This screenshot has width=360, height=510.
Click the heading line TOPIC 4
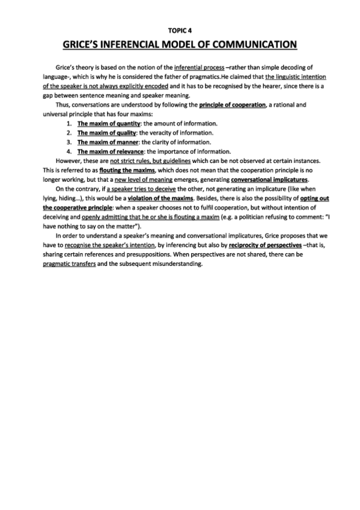click(180, 29)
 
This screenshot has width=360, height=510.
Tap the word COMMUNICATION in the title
click(258, 44)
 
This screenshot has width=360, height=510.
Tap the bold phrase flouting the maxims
click(132, 170)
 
